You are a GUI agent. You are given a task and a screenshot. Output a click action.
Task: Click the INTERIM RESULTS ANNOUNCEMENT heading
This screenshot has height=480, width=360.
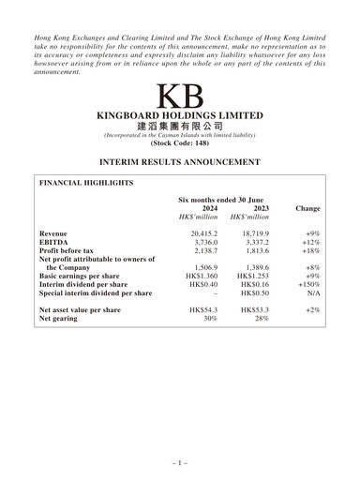click(x=179, y=162)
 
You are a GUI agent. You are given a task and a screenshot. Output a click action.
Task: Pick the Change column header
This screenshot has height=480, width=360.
click(x=307, y=208)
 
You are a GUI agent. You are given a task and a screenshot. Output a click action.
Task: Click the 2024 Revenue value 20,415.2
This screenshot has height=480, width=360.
click(x=203, y=233)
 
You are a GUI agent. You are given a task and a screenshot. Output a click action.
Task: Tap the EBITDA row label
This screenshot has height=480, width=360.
click(x=55, y=244)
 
